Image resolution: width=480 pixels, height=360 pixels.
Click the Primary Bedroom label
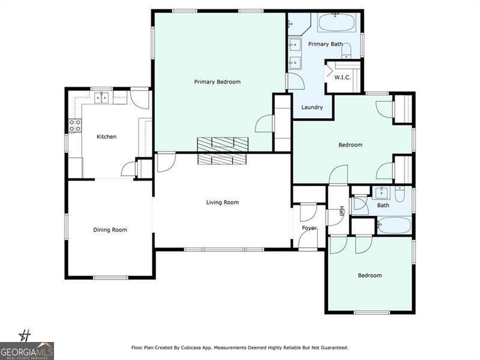tap(217, 82)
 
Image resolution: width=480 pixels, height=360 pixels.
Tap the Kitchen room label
tap(107, 137)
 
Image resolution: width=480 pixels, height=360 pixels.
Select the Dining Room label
tap(110, 230)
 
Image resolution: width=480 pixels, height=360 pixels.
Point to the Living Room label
tap(223, 202)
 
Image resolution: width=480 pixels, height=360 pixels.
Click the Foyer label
tap(309, 228)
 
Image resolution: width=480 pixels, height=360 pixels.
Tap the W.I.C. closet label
tap(342, 77)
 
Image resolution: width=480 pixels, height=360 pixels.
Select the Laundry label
tap(312, 107)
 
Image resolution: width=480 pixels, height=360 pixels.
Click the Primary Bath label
tap(325, 44)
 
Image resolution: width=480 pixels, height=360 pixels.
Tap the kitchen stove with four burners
tap(75, 125)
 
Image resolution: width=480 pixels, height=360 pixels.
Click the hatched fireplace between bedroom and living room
tap(223, 151)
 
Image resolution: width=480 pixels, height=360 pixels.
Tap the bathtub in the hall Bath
tap(394, 226)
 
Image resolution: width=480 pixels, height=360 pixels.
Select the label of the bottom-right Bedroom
tap(370, 275)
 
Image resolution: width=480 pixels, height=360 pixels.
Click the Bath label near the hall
tap(383, 205)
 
